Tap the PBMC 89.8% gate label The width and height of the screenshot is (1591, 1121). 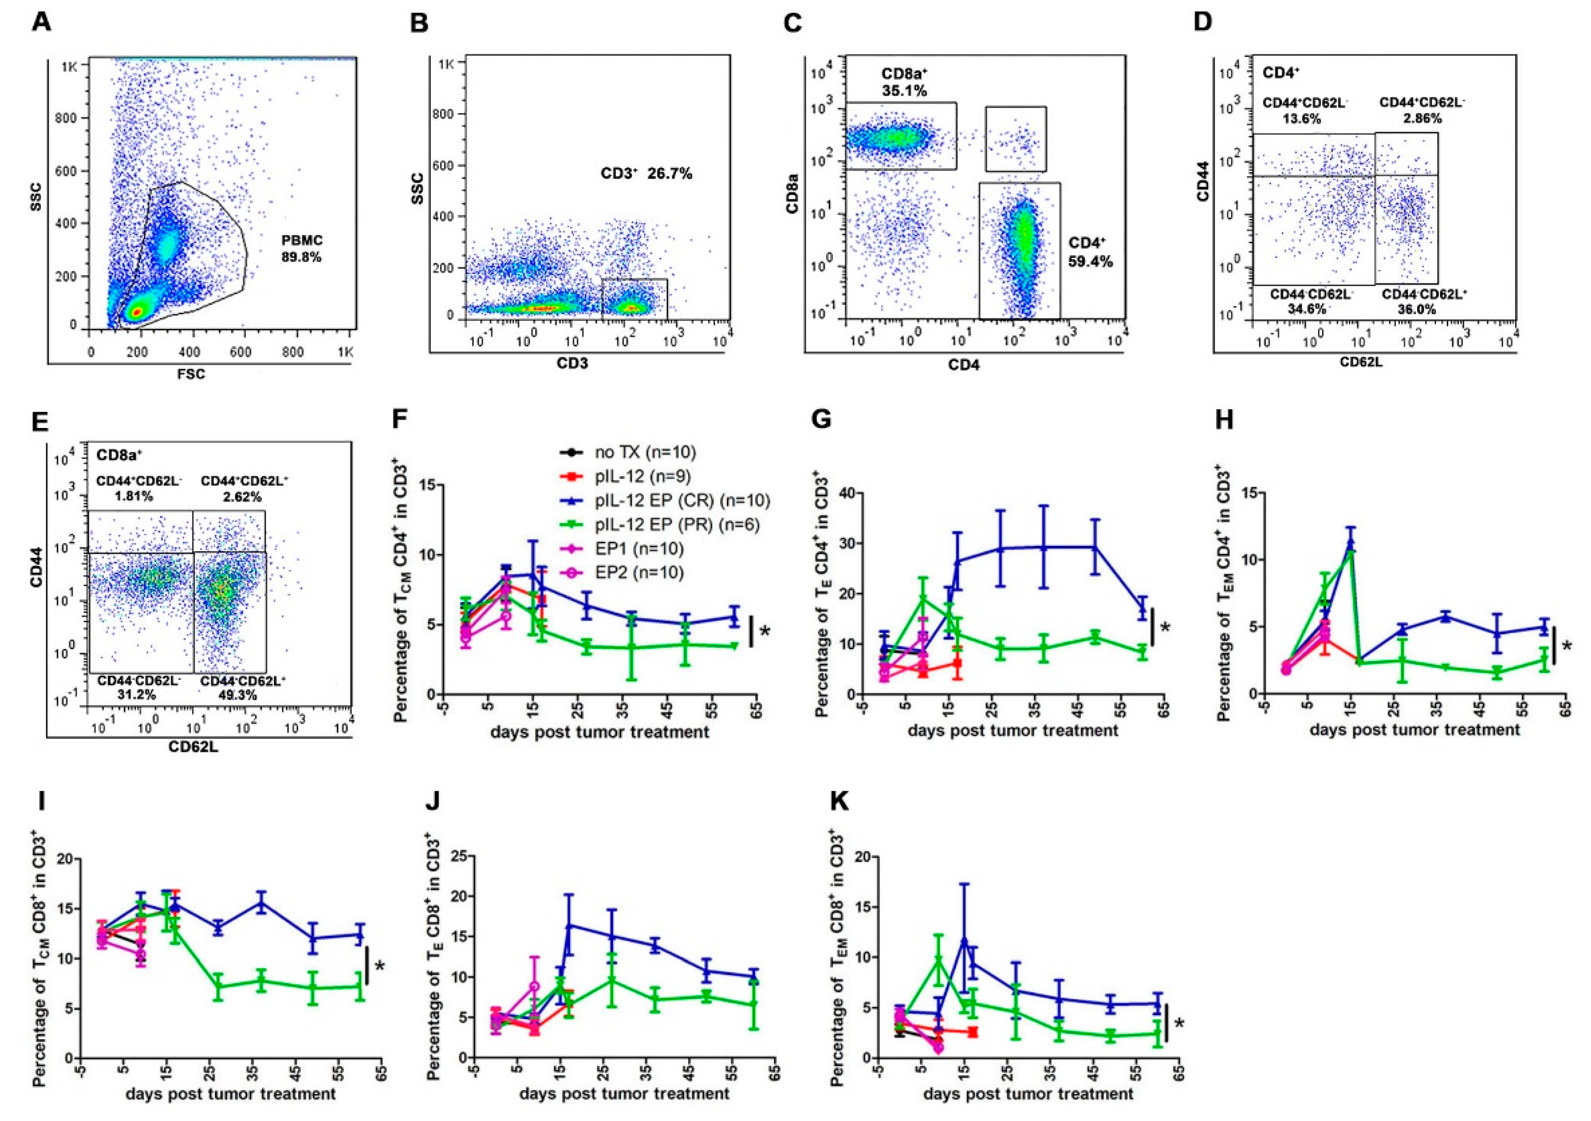[303, 248]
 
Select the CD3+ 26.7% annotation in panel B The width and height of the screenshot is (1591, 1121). [646, 174]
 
